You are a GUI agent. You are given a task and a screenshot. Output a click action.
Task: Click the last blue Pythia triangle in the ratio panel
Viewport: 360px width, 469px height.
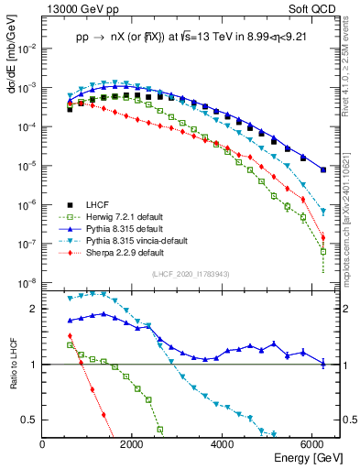[x=323, y=364]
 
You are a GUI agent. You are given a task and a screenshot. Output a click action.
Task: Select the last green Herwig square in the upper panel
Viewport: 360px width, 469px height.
[x=323, y=251]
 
